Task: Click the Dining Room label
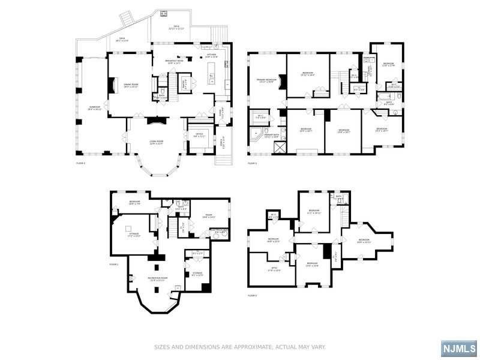pyautogui.click(x=131, y=86)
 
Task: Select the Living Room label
pyautogui.click(x=157, y=142)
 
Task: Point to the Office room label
pyautogui.click(x=199, y=136)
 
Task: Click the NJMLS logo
pyautogui.click(x=459, y=349)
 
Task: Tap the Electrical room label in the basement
pyautogui.click(x=221, y=231)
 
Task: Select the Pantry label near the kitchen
pyautogui.click(x=185, y=82)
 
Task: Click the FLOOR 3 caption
pyautogui.click(x=252, y=163)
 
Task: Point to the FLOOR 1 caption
pyautogui.click(x=113, y=264)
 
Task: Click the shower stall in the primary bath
pyautogui.click(x=280, y=146)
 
